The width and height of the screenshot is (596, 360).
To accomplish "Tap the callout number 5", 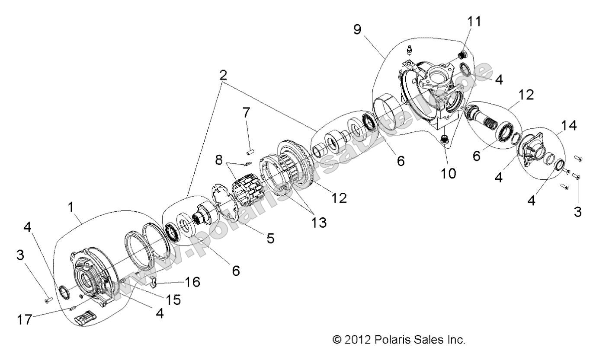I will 270,238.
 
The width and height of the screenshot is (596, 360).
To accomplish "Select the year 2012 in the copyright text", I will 355,340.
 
